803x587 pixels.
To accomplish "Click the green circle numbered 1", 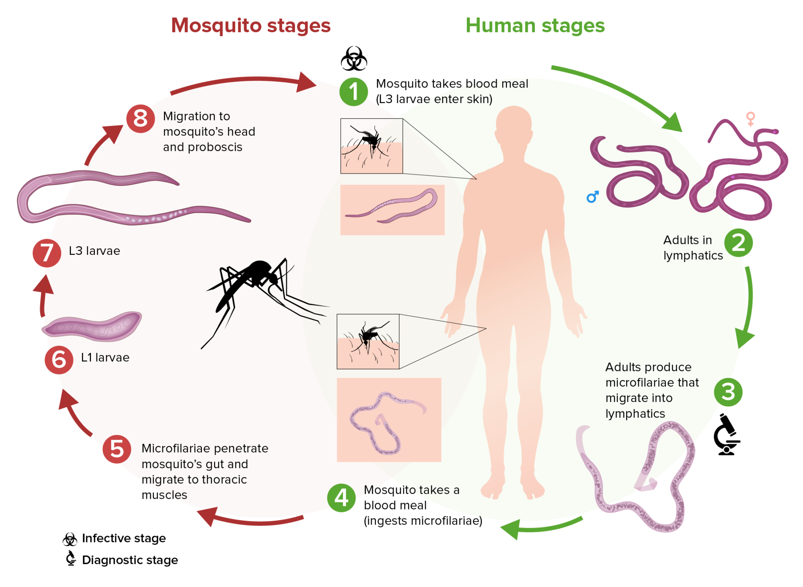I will tap(353, 92).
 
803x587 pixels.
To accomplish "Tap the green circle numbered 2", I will tap(738, 243).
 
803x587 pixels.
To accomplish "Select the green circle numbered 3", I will tap(728, 392).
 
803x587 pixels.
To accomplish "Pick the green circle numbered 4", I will tap(341, 498).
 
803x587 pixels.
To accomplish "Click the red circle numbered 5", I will tap(117, 449).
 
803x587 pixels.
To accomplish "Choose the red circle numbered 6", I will tap(59, 360).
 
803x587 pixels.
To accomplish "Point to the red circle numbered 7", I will tap(47, 253).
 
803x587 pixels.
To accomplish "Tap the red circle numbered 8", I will tap(140, 118).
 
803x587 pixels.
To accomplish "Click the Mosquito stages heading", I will tap(251, 25).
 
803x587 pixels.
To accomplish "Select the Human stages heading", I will tap(535, 25).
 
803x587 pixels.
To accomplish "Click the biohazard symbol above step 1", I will tap(354, 59).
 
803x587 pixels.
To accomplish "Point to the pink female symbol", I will tap(750, 118).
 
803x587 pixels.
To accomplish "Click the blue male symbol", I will tap(592, 196).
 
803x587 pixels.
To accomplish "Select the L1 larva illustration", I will tap(93, 326).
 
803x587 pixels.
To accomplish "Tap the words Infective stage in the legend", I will tap(124, 538).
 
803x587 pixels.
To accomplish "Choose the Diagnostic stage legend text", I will tap(130, 560).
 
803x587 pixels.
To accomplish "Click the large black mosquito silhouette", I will tap(251, 290).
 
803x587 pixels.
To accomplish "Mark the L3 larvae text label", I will tap(94, 251).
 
